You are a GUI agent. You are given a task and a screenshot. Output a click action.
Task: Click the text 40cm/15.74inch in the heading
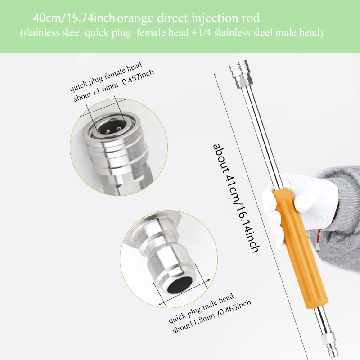[74, 18]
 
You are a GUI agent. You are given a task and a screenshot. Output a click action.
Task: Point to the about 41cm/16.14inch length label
[236, 198]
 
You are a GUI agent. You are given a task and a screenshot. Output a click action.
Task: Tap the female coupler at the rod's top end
[239, 68]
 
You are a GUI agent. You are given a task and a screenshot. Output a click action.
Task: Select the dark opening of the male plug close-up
[179, 285]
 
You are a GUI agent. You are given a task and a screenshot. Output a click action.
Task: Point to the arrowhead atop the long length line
[215, 75]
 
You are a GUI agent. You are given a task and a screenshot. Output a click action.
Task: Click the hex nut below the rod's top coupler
[244, 82]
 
